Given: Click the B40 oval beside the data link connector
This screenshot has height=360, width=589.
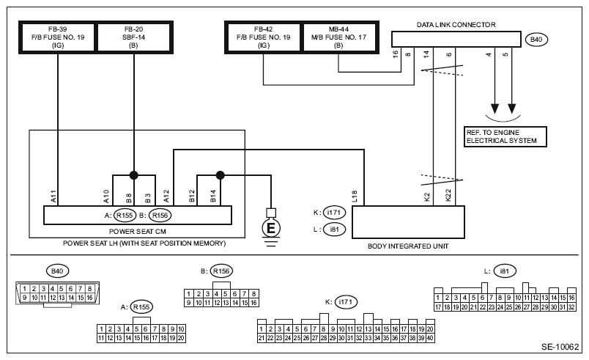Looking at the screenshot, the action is pos(536,40).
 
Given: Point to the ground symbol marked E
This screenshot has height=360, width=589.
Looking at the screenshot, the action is pos(271,227).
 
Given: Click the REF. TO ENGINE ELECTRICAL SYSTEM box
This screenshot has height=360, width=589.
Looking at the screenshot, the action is pos(505,136).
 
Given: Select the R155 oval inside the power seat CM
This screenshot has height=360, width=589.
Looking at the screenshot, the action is pos(125,216).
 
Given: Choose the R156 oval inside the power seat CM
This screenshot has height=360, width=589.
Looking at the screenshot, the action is pos(160,216).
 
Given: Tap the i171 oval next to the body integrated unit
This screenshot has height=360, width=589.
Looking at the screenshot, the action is pos(334,213).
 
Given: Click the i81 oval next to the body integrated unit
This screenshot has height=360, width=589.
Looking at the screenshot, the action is pos(334,229).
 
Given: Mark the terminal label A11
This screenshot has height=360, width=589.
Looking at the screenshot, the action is pos(53,196).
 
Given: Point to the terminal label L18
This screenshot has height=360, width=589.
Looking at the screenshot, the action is pos(355,196).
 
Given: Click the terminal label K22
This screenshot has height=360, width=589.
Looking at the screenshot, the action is pos(448,196).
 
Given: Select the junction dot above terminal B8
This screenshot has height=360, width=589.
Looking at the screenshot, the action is pos(134,175).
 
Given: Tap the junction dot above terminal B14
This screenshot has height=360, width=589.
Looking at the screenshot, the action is pos(220,175).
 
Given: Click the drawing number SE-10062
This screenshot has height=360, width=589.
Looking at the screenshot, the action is pos(560,347).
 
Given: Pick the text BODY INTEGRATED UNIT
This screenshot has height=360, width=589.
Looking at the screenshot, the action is pos(408,246).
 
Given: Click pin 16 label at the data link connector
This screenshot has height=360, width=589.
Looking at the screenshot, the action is pos(395,54).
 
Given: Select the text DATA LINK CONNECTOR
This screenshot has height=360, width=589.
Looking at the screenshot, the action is pos(456,25).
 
